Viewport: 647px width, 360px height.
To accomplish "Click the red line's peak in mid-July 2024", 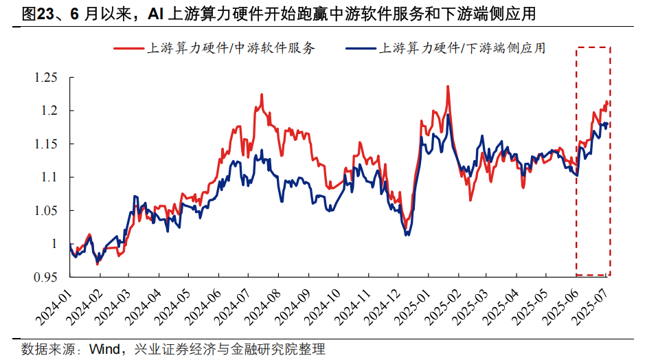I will point(262,95).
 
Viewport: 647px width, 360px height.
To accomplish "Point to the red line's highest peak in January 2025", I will point(448,87).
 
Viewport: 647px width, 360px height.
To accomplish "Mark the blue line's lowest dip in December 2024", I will point(407,235).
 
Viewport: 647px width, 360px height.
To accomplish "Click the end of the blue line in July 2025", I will point(608,124).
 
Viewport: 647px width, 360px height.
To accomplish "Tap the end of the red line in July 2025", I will point(608,103).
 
